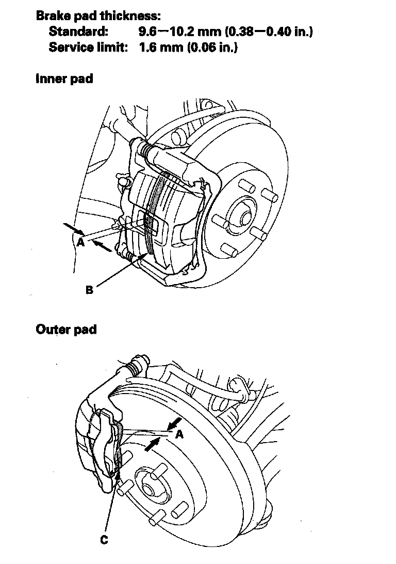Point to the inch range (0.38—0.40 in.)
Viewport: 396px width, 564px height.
(x=269, y=32)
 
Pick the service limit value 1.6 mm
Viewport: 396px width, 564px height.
(x=161, y=48)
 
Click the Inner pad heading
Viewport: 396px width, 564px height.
(x=64, y=79)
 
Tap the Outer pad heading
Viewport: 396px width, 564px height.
(x=66, y=329)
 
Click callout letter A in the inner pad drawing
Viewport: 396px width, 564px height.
(x=80, y=241)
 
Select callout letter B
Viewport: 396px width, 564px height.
(x=89, y=290)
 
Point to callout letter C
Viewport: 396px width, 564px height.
(x=104, y=540)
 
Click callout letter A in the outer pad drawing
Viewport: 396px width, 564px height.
(x=179, y=434)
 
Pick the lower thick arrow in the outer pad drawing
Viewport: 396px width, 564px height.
(x=150, y=445)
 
